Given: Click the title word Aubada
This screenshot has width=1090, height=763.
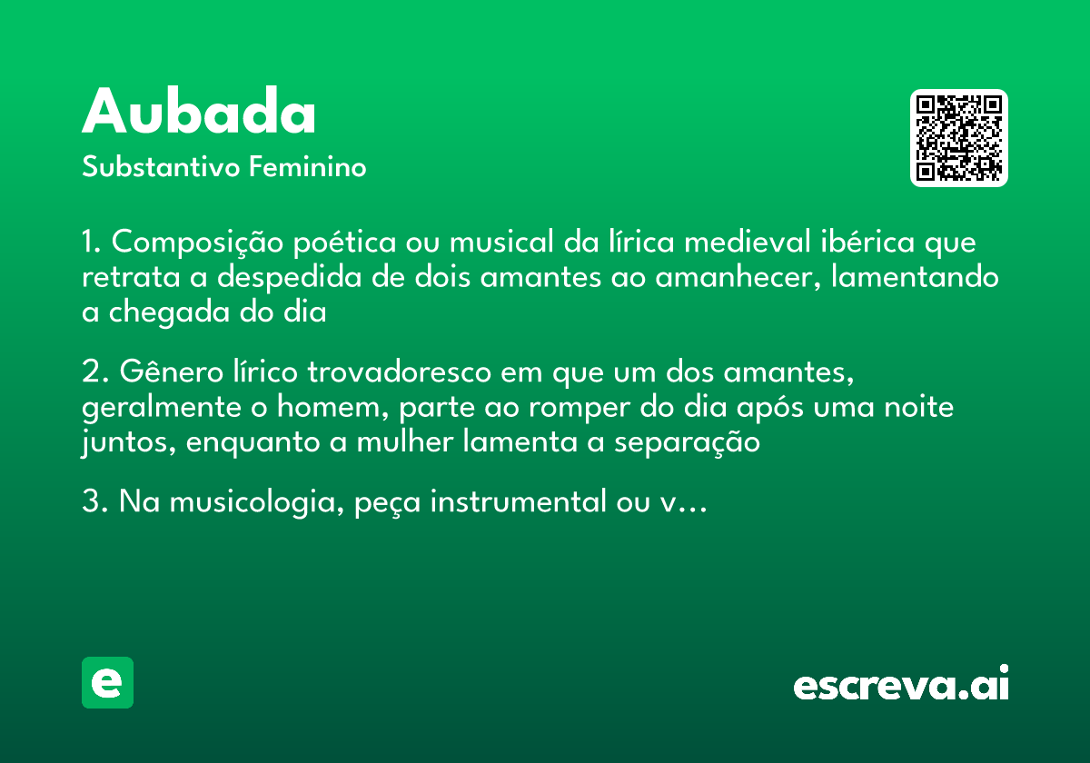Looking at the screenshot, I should pos(199,114).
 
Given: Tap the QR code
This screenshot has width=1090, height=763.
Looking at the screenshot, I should pos(959,138).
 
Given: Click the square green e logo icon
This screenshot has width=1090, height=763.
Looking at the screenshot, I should pos(107,682).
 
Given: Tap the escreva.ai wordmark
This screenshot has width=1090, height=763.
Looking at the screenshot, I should pos(900,685).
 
